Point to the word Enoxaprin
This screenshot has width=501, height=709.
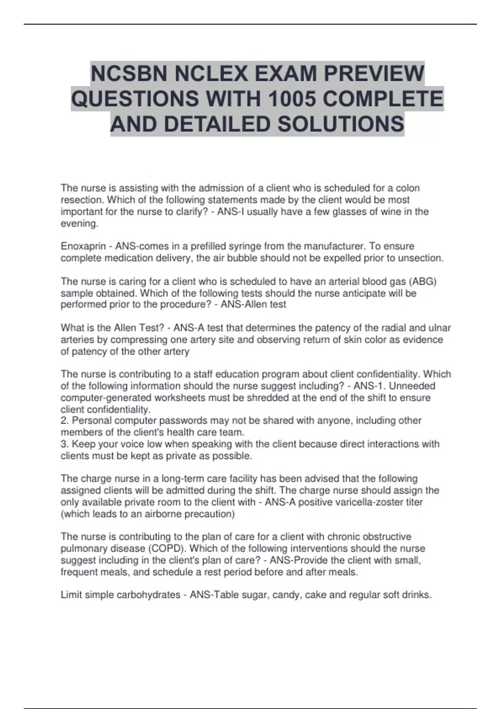pyautogui.click(x=83, y=246)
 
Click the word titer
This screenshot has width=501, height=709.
pyautogui.click(x=414, y=502)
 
